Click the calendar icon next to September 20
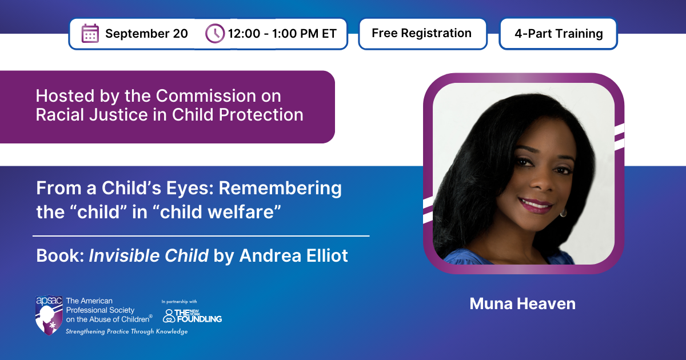[90, 33]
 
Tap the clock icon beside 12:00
[215, 33]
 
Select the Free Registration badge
[422, 33]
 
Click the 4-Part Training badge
[559, 33]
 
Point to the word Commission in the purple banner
[206, 96]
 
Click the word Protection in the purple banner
[261, 115]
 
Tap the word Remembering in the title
[280, 189]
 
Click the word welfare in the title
[230, 212]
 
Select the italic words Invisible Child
[149, 255]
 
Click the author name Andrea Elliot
[293, 255]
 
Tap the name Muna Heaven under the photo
[523, 303]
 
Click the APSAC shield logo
[49, 315]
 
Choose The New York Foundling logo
[192, 315]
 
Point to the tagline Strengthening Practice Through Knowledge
[127, 331]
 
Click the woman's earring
[563, 213]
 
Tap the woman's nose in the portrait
[540, 183]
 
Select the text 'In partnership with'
[179, 302]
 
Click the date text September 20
[146, 34]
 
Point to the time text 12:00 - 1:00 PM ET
[282, 34]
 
